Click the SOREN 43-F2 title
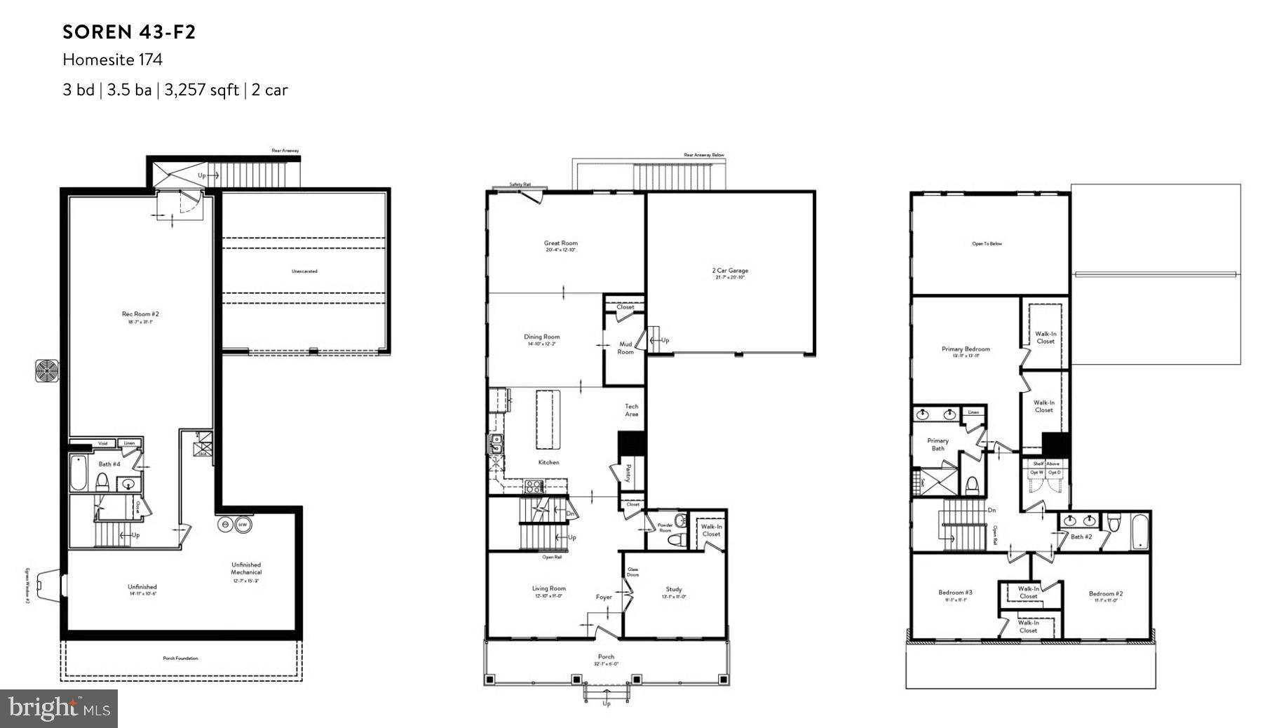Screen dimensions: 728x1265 [x=129, y=32]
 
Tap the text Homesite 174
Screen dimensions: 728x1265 [x=112, y=60]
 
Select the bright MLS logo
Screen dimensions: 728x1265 [x=59, y=708]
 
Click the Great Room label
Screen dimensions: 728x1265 [x=560, y=246]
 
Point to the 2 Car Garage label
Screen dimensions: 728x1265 [x=729, y=274]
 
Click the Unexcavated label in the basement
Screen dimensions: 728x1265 [x=304, y=271]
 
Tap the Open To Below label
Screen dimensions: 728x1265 [x=987, y=244]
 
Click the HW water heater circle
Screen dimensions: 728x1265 [x=243, y=525]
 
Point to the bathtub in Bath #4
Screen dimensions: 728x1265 [x=78, y=473]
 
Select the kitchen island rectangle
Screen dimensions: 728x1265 [x=549, y=419]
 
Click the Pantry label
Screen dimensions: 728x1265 [x=628, y=473]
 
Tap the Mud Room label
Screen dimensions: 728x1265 [x=625, y=348]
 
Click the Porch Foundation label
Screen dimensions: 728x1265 [x=180, y=659]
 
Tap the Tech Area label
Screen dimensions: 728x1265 [x=631, y=410]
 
